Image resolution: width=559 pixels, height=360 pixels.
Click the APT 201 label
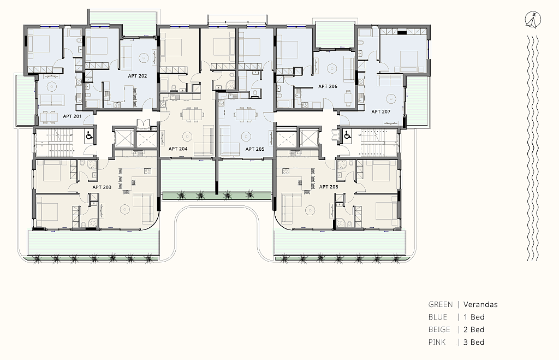[x=72, y=116]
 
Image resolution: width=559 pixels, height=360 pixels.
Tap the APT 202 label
[x=137, y=76]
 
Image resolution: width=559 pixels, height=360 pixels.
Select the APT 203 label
[x=102, y=187]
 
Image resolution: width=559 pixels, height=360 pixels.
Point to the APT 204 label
[x=178, y=149]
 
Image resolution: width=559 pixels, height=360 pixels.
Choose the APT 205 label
[x=255, y=149]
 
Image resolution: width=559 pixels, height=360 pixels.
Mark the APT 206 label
[x=328, y=86]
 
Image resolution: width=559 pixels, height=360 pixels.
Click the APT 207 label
[x=380, y=111]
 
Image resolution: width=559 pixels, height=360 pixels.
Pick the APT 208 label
[x=329, y=187]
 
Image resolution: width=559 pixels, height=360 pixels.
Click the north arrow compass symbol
[x=533, y=20]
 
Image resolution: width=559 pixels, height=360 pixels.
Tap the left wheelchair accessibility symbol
[x=90, y=135]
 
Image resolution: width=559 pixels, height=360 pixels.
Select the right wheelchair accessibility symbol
[x=347, y=135]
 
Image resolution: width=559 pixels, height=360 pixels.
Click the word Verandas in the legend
[x=480, y=305]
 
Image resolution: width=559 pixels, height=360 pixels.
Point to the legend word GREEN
[x=441, y=305]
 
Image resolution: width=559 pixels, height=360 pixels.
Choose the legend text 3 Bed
[x=474, y=342]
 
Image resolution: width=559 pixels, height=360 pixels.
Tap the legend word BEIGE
[x=439, y=329]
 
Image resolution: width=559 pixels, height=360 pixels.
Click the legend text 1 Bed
[x=474, y=317]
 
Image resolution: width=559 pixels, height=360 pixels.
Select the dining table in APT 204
[x=193, y=115]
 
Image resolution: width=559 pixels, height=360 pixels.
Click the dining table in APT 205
[x=246, y=115]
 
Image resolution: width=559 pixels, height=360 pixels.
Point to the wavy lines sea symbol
[x=533, y=148]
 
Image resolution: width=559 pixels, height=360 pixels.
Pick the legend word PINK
[x=437, y=342]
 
